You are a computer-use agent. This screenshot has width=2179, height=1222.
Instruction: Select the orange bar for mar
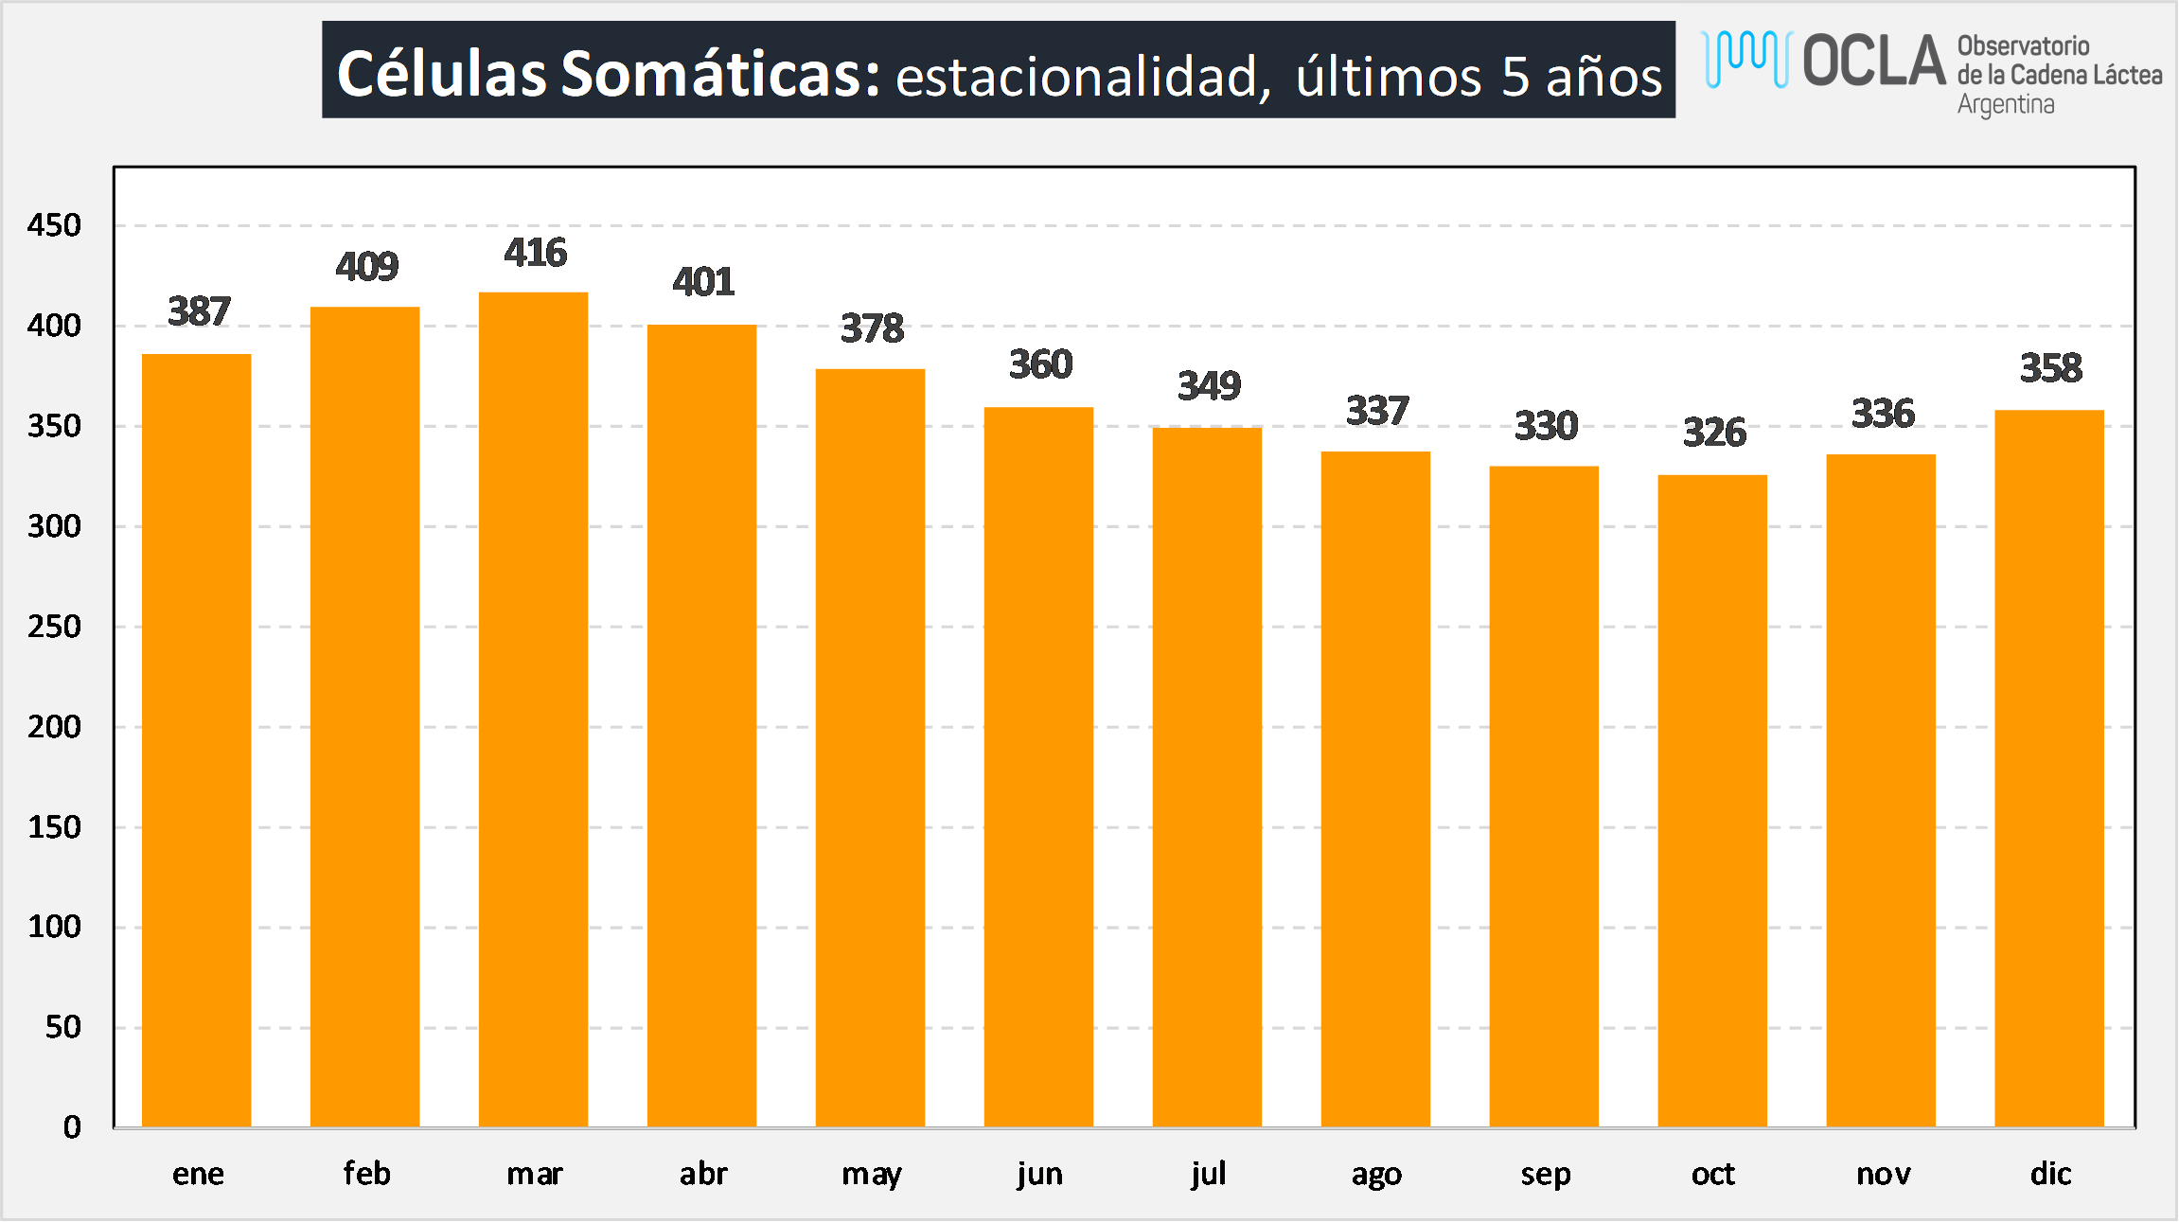coord(533,710)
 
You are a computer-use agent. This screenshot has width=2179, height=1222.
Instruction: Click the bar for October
coord(1712,801)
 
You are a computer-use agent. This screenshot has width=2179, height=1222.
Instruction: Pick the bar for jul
coord(1207,777)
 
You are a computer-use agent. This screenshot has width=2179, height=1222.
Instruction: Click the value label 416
coord(535,253)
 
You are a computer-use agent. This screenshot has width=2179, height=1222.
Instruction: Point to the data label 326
coord(1714,433)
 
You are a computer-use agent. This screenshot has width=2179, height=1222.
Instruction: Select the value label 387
coord(199,311)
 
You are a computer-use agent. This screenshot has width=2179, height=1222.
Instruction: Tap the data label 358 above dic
coord(2051,368)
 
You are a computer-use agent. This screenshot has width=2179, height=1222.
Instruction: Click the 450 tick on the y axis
coord(54,225)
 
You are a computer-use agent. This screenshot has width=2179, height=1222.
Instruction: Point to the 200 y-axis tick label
coord(54,727)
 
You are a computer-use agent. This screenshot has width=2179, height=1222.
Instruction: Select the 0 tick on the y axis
coord(72,1127)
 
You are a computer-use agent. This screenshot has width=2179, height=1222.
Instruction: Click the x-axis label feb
coord(366,1174)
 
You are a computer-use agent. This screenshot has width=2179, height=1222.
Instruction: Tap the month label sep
coord(1545,1175)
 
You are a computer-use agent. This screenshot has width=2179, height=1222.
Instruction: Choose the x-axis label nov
coord(1883,1174)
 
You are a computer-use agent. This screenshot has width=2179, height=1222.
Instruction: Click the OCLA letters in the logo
coord(1873,62)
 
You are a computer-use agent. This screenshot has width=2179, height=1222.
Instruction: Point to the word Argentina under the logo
coord(2005,104)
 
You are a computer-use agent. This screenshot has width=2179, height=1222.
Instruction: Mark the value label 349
coord(1209,386)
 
